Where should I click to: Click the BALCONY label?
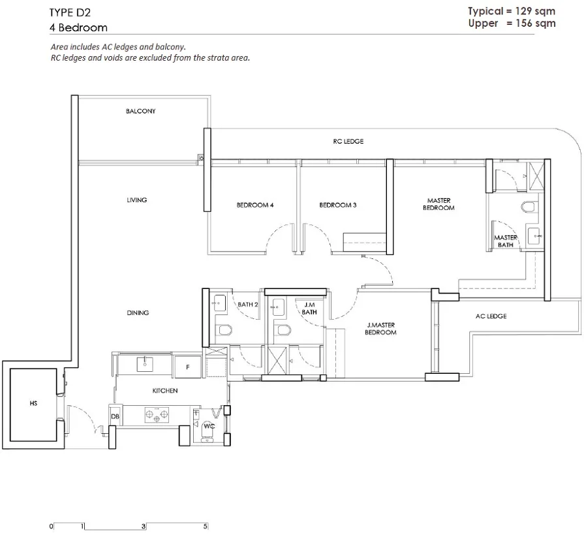point(140,111)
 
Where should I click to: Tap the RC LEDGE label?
point(348,141)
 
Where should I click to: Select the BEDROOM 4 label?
point(255,205)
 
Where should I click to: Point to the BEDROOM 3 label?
point(338,205)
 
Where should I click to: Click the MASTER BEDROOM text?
point(438,204)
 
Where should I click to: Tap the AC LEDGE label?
point(491,316)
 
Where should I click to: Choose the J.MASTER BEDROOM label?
point(380,329)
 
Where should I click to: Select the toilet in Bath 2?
point(224,330)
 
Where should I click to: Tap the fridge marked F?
point(188,367)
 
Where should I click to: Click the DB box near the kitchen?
point(115,416)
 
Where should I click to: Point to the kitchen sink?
point(144,364)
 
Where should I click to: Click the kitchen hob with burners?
point(157,415)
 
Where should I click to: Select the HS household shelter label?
point(33,403)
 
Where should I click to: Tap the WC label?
point(209,426)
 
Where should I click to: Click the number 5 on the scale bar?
point(206,526)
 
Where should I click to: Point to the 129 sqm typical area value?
point(535,11)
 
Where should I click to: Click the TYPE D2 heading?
point(70,12)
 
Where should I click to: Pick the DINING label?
point(138,312)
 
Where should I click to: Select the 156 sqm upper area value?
point(536,23)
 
